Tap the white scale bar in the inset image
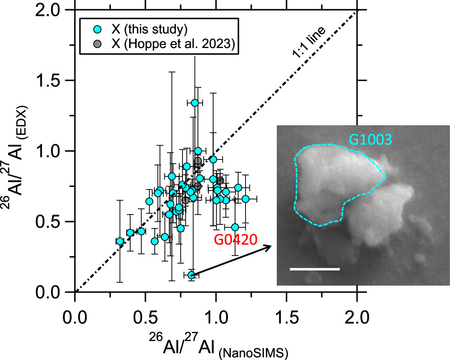point(315,268)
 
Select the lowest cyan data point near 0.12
point(191,275)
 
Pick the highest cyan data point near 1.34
point(195,103)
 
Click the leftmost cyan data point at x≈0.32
point(120,241)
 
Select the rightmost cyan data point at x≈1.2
point(245,199)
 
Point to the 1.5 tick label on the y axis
point(53,81)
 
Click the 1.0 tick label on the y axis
point(53,151)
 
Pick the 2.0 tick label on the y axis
point(53,10)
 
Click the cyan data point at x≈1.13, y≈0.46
point(235,227)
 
